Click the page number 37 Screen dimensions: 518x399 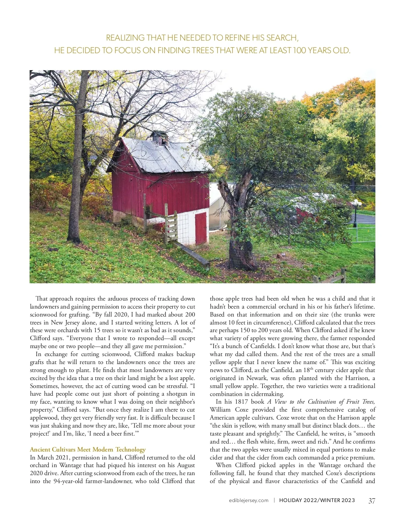[372, 501]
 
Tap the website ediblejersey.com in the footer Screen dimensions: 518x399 [248, 500]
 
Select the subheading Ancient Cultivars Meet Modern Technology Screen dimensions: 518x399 [88, 450]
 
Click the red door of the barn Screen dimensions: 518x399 [201, 228]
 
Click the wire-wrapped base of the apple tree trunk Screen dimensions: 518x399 [242, 254]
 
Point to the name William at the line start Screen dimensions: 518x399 [220, 410]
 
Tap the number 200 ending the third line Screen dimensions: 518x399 [190, 315]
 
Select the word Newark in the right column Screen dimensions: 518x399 [257, 378]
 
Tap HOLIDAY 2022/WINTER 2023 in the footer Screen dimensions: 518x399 [317, 500]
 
